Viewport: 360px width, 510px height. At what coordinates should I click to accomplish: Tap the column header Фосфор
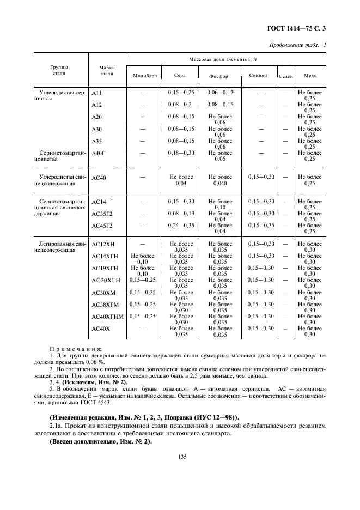[219, 76]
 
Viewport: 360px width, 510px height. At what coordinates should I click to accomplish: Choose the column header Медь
[309, 76]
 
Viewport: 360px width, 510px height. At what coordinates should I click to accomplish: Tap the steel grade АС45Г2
[102, 226]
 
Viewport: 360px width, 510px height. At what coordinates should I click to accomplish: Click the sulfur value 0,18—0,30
[181, 153]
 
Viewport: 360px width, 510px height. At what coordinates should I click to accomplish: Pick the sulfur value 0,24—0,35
[181, 225]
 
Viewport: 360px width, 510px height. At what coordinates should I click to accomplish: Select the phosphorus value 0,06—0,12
[220, 93]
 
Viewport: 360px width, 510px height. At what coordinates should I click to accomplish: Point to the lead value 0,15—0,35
[261, 225]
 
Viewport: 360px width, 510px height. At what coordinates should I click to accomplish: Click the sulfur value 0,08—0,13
[181, 213]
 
